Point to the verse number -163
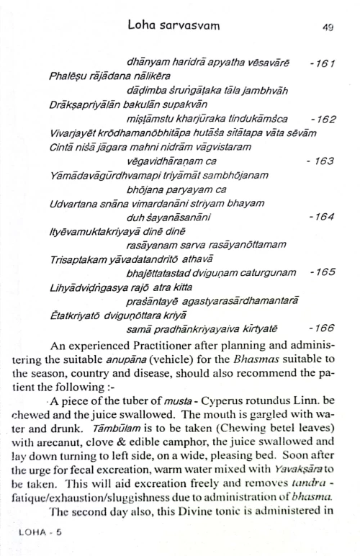[x=320, y=161]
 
